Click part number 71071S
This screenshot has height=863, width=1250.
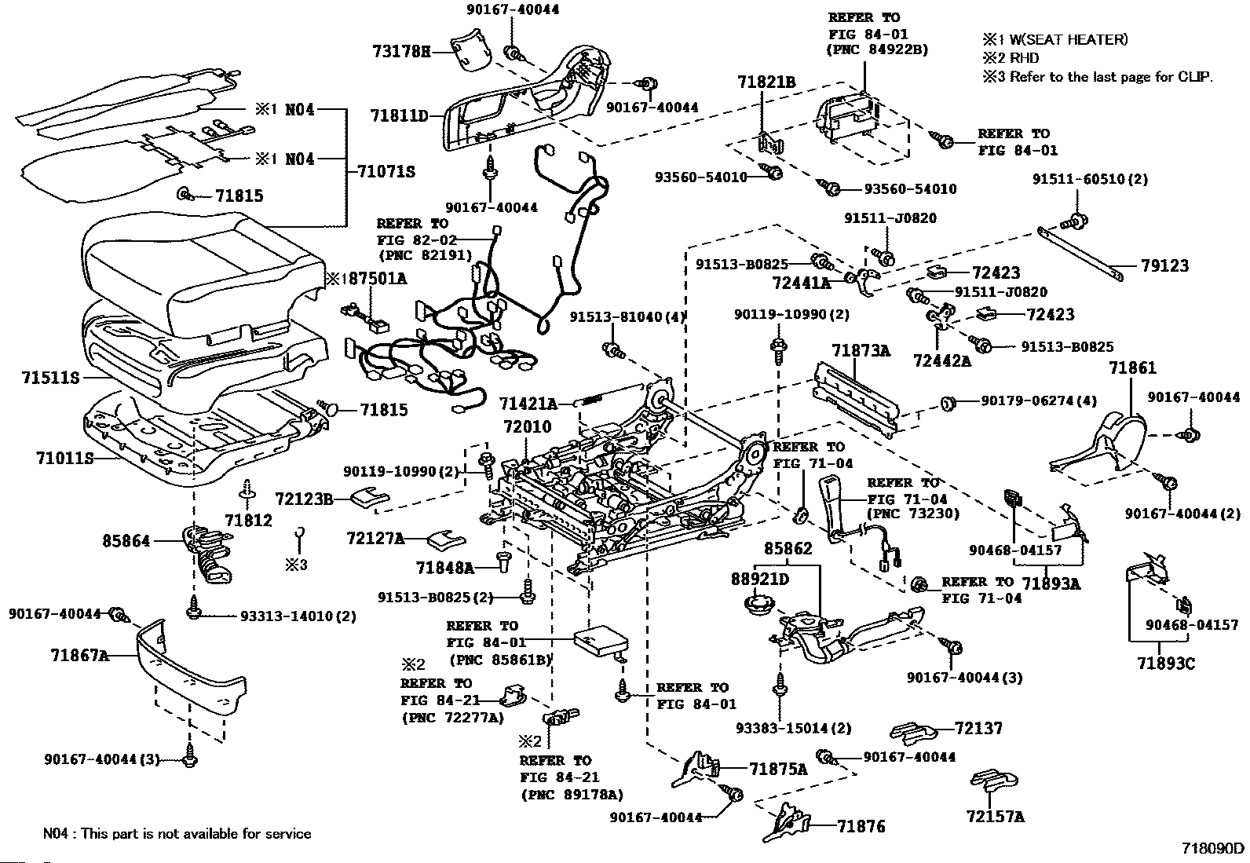coord(386,170)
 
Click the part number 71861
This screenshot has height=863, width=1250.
coord(1132,368)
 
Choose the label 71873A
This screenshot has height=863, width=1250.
coord(861,350)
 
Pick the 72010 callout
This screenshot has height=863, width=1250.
coord(528,427)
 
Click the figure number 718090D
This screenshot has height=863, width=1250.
coord(1213,848)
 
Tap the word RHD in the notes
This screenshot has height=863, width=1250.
coord(1024,58)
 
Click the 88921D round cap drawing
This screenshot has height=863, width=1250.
coord(758,607)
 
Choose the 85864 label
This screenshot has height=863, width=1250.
coord(126,540)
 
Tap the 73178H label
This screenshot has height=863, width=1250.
coord(401,51)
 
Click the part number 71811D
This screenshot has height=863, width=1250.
coord(399,116)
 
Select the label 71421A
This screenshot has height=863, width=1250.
coord(528,404)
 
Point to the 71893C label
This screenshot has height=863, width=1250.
coord(1165,664)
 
